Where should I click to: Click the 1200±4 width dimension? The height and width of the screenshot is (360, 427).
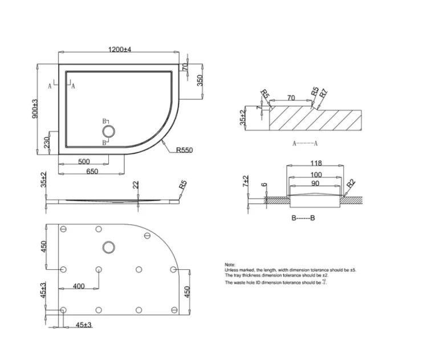(120, 50)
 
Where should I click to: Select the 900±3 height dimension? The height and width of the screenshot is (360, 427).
(34, 108)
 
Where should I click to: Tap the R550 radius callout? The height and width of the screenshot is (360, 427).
(185, 150)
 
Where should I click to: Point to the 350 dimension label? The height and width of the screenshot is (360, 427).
(200, 80)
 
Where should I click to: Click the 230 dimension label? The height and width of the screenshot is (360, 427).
(48, 141)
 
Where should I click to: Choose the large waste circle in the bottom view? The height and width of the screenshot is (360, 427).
(108, 248)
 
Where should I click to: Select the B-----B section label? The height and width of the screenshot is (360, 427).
(303, 218)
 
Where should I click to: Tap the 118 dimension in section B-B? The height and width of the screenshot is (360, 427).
(316, 163)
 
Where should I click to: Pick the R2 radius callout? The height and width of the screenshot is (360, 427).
(351, 184)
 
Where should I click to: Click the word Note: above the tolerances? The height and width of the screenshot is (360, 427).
(231, 265)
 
